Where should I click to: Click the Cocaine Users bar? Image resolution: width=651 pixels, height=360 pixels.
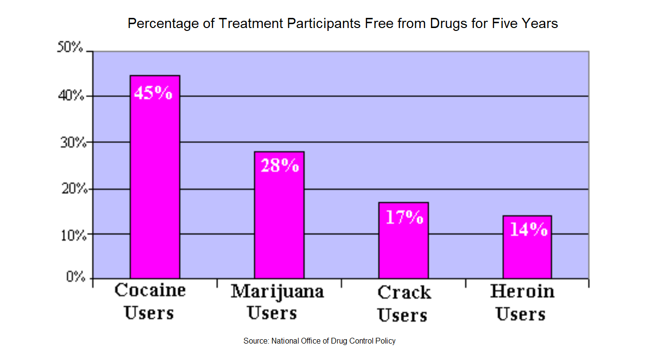pos(155,177)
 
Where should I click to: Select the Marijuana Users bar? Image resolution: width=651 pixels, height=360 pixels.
pos(279,215)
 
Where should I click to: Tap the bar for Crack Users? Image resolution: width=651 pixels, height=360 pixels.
pos(403,240)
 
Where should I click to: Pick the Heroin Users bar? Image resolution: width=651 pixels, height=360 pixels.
pos(527,247)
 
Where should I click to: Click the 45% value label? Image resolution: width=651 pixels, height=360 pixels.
pos(153,93)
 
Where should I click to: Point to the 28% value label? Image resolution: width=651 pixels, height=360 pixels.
pos(280,165)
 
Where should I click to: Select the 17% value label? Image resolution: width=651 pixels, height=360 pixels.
pos(404,217)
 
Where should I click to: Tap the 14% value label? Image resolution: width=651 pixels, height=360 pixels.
pos(529,229)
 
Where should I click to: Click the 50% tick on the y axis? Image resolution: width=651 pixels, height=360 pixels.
pos(70,46)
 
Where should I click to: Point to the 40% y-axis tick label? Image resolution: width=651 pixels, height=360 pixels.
pos(71,95)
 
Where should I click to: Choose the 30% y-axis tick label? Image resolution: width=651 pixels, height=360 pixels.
pos(73,143)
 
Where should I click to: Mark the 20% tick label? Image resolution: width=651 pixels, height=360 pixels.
pos(74,189)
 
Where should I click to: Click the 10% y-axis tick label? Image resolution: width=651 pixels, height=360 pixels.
pos(73,235)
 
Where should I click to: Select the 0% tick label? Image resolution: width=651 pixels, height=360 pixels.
pos(76,276)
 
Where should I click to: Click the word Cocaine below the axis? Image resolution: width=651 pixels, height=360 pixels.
pos(150,290)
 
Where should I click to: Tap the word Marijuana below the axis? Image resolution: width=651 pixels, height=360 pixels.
pos(277,292)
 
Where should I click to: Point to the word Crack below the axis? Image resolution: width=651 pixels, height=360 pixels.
pos(404,292)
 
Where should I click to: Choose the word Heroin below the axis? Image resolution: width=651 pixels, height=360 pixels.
pos(522,291)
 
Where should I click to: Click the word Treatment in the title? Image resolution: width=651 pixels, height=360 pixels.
pos(251,23)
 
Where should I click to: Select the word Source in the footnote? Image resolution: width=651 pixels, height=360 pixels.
pos(256,341)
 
